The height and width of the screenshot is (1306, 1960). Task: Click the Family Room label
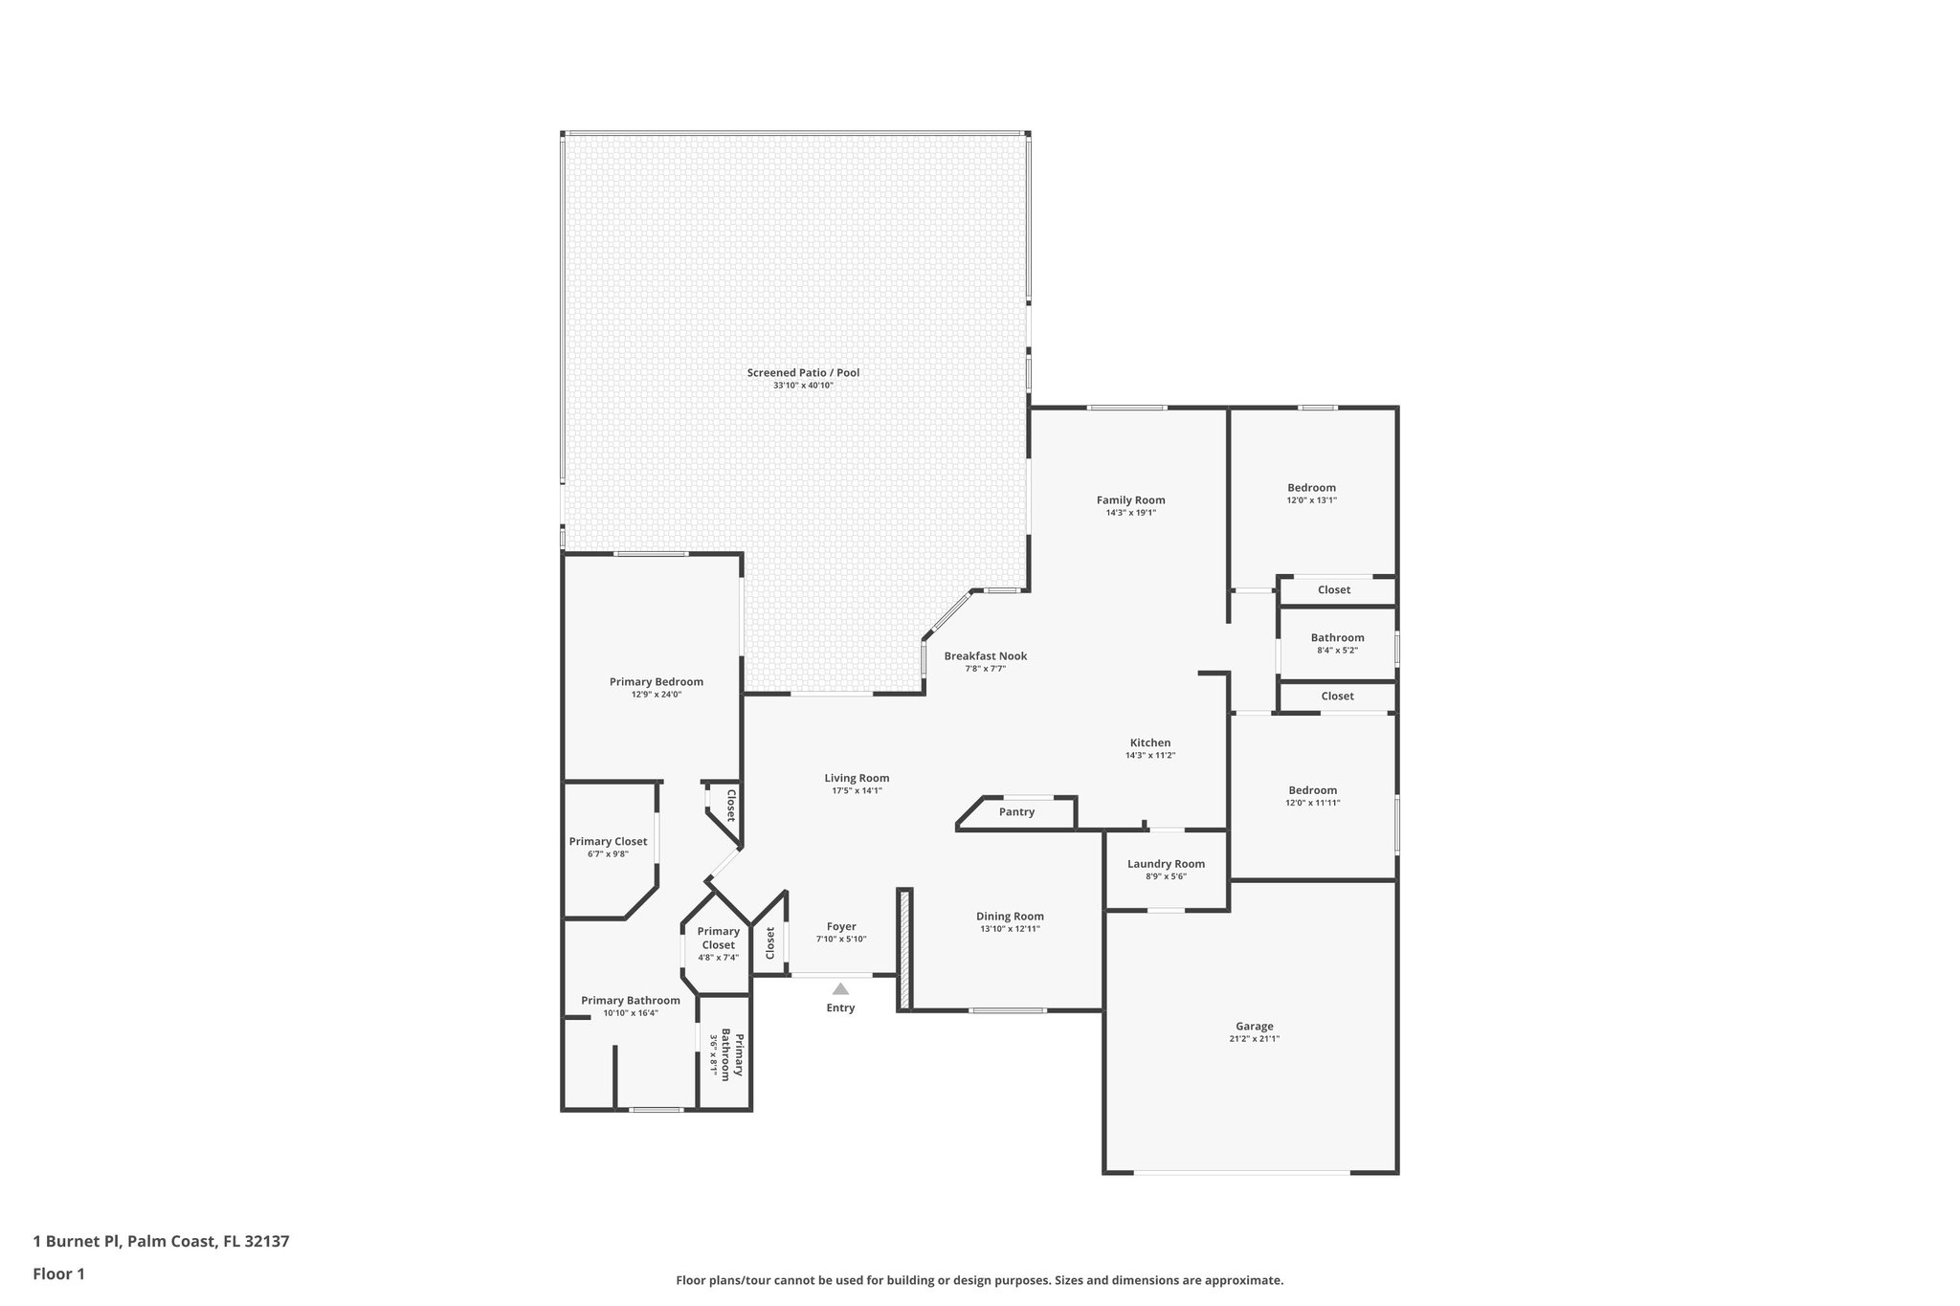tap(1130, 500)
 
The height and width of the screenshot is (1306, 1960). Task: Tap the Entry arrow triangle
tap(840, 988)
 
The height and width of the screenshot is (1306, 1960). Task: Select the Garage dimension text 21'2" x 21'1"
tap(1254, 1039)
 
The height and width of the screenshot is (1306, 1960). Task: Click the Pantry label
tap(1016, 812)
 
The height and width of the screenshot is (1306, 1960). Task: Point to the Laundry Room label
tap(1166, 864)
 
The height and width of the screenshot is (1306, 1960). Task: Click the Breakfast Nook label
tap(985, 656)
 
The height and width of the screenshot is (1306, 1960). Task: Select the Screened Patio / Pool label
tap(803, 373)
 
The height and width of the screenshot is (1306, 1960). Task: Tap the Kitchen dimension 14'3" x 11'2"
tap(1149, 756)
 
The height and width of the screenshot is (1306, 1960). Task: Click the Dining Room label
tap(1010, 917)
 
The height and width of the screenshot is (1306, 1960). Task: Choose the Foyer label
tap(841, 926)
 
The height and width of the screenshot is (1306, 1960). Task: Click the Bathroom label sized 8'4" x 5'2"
tap(1337, 638)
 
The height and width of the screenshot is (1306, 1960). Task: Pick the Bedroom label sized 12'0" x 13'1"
tap(1311, 488)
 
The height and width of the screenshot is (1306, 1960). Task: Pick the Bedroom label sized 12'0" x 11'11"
tap(1312, 790)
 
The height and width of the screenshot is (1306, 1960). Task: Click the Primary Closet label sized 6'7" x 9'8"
tap(608, 842)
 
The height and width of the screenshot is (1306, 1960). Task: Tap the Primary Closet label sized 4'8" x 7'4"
tap(718, 938)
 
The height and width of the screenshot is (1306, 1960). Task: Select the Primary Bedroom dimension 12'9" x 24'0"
tap(656, 695)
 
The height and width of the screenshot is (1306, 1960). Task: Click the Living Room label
tap(857, 778)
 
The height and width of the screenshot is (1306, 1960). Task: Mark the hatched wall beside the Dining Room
tap(903, 949)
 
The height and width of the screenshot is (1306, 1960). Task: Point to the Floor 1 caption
tap(58, 1273)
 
